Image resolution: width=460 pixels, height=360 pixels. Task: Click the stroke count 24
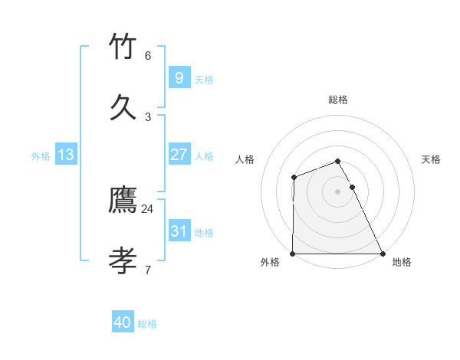point(148,208)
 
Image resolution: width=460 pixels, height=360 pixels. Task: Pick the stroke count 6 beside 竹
point(148,55)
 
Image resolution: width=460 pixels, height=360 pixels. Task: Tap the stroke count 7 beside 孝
point(148,270)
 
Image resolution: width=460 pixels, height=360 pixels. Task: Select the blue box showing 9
point(179,77)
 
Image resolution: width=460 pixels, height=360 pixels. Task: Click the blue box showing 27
point(179,155)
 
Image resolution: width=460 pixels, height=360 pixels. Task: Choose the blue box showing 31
point(179,231)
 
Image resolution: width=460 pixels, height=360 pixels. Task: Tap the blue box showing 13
point(66,155)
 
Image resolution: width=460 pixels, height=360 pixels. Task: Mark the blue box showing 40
point(123,322)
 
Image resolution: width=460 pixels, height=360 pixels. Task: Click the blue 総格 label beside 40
point(147,324)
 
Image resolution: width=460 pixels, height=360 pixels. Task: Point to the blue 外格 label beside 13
point(41,156)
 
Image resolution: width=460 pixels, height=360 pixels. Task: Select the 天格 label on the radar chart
point(432,159)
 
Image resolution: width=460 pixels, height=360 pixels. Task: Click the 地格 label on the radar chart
point(402,262)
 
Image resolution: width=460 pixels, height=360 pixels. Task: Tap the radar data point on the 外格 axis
point(293,254)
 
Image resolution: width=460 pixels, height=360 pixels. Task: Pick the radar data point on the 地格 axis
point(383,254)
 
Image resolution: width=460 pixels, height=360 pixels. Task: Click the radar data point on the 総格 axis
point(337,161)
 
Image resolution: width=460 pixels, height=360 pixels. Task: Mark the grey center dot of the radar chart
point(337,191)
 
